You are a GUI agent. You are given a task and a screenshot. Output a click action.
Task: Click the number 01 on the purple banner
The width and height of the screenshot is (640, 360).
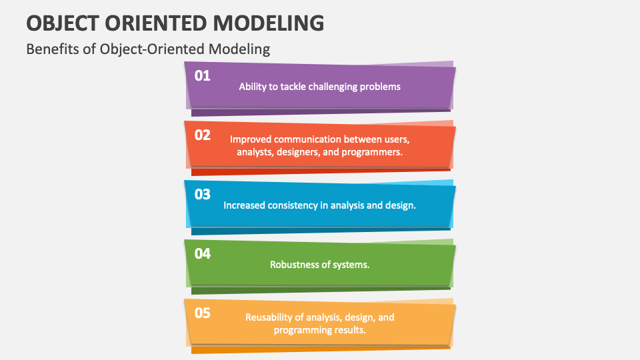click(x=203, y=75)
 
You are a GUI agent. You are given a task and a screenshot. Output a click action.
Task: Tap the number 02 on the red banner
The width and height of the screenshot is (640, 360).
click(x=203, y=135)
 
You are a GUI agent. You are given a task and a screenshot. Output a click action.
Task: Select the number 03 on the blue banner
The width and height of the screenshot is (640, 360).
click(x=203, y=194)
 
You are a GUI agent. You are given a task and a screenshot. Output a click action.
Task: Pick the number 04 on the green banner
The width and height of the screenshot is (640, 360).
click(x=203, y=254)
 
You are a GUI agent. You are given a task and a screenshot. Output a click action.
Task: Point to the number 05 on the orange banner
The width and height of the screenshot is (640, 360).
click(x=203, y=313)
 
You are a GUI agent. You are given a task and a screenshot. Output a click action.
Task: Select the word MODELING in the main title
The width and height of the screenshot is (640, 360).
click(x=269, y=23)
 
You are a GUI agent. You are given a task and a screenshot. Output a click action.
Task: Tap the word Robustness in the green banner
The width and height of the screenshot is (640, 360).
click(x=294, y=265)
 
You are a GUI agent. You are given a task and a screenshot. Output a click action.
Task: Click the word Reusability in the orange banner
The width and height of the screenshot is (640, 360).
click(x=269, y=317)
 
